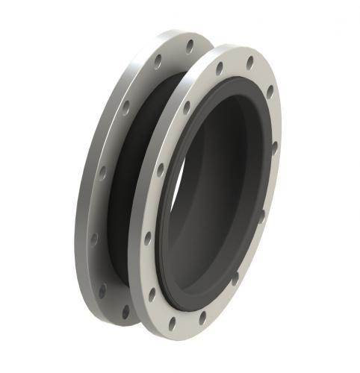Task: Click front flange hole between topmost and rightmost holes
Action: [x=270, y=93]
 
